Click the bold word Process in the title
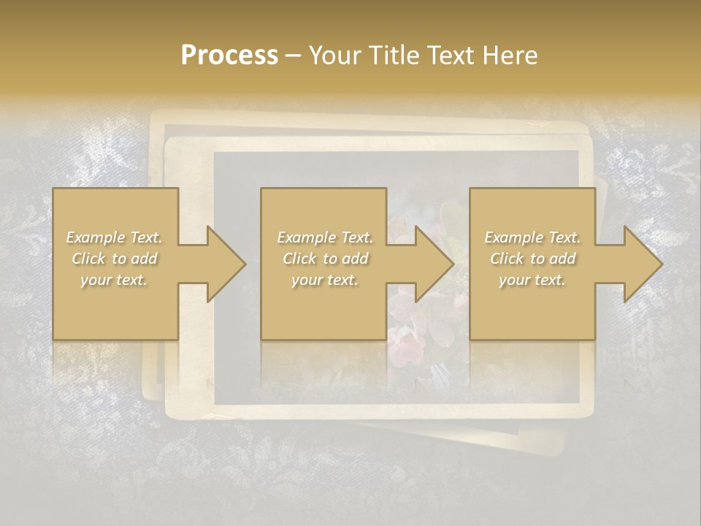tap(229, 56)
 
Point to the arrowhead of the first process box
tap(226, 264)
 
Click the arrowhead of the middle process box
tap(434, 264)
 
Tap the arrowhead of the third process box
tap(643, 264)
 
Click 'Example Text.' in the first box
tap(114, 237)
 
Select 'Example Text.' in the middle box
tap(325, 237)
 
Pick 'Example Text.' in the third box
tap(532, 237)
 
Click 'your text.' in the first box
tap(114, 280)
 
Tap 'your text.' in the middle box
tap(325, 280)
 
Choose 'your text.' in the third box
tap(532, 280)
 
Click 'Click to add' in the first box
tap(114, 259)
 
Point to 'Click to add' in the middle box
tap(325, 259)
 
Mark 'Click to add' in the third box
tap(532, 259)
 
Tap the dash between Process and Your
tap(293, 56)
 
